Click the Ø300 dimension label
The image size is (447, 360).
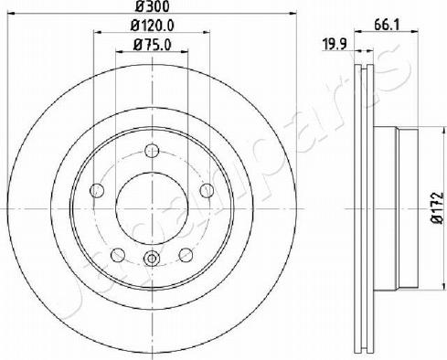point(152,6)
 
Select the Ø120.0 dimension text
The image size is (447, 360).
point(152,26)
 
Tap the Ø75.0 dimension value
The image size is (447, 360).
point(152,45)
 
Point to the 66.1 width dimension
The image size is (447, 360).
point(387,25)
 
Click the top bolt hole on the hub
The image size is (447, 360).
point(152,151)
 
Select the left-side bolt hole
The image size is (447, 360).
point(97,191)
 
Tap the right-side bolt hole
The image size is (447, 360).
point(207,191)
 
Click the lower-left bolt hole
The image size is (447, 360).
point(118,255)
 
